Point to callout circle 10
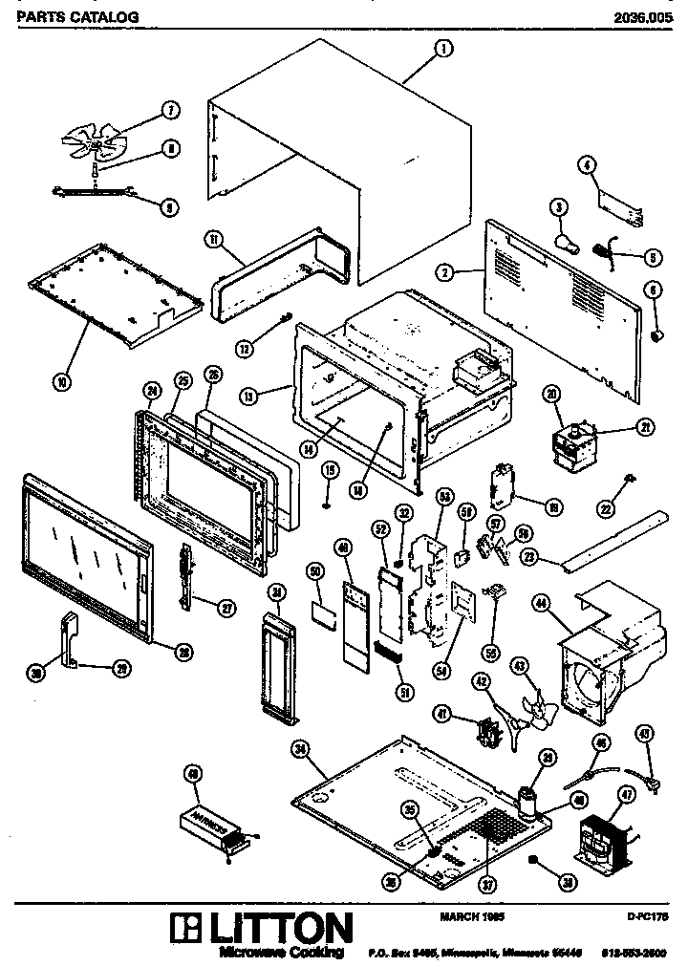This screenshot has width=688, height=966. pos(62,382)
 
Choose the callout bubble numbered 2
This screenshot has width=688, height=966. pos(445,273)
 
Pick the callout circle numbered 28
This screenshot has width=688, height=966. pos(182,651)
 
